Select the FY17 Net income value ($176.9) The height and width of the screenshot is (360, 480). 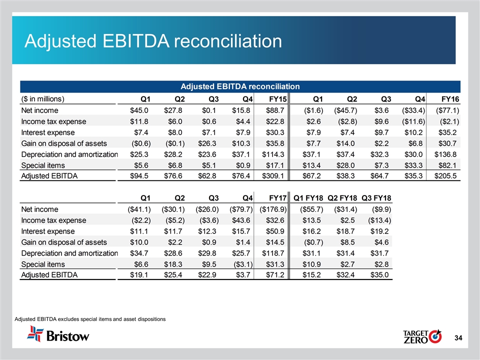click(270, 209)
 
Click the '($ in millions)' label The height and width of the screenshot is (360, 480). click(42, 98)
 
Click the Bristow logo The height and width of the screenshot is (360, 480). click(58, 333)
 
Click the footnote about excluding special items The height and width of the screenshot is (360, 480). click(90, 318)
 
